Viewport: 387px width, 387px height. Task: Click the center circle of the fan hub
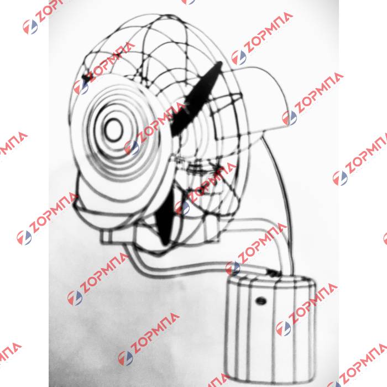pos(114,130)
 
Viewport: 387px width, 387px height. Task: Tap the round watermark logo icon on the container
pos(284,328)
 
